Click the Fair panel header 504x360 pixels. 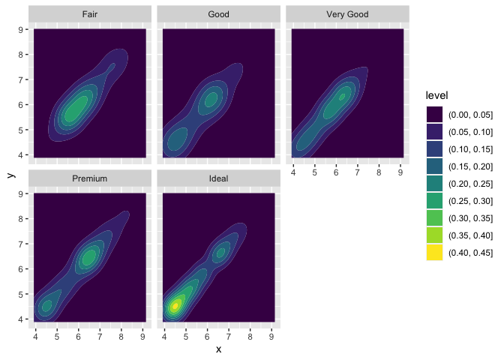coord(89,14)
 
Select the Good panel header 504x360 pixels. coord(218,14)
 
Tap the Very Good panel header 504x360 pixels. coord(347,14)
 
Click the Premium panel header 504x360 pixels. coord(89,179)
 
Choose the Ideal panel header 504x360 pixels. coord(218,179)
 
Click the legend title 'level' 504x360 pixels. coord(436,95)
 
